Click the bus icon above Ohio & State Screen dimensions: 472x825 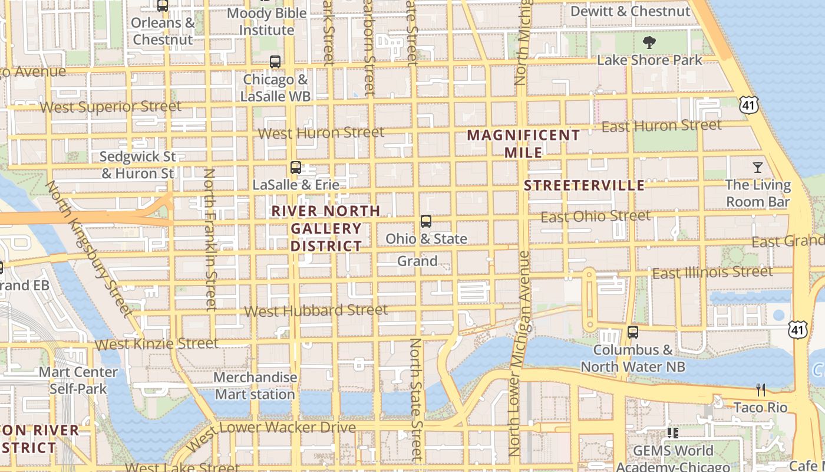[x=426, y=222]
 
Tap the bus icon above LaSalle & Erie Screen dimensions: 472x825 [x=296, y=168]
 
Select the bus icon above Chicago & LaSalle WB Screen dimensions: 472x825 [x=275, y=61]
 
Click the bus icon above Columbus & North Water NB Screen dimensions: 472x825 [x=633, y=332]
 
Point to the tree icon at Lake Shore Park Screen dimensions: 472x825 [x=649, y=42]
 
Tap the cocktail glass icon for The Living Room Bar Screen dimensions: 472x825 [x=758, y=168]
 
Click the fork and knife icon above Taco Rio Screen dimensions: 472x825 [x=761, y=390]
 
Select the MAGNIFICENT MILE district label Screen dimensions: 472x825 [x=523, y=143]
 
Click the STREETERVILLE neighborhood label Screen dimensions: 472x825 [x=584, y=185]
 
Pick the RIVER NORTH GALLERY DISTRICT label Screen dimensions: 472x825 [x=326, y=228]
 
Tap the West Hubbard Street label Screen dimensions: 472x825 [x=316, y=310]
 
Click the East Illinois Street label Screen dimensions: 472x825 [x=712, y=273]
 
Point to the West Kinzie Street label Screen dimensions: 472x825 [x=156, y=343]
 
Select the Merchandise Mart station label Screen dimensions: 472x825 [x=255, y=386]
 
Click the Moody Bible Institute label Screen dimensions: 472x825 [x=266, y=21]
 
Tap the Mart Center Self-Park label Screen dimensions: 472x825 [x=78, y=381]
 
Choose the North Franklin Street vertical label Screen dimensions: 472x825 [x=210, y=239]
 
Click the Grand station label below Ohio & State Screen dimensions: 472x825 [x=417, y=261]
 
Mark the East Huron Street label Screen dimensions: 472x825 [x=661, y=126]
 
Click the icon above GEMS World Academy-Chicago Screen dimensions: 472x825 [x=673, y=433]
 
